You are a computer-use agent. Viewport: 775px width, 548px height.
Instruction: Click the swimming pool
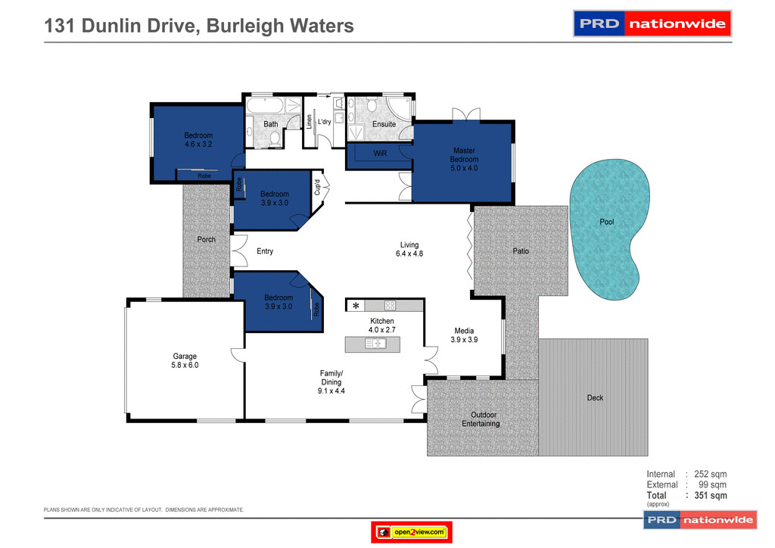tap(609, 227)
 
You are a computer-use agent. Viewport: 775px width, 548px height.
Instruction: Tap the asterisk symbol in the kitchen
tap(356, 306)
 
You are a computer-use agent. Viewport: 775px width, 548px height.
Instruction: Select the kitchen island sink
tap(375, 344)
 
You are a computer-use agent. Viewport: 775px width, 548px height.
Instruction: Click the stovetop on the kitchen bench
tap(391, 306)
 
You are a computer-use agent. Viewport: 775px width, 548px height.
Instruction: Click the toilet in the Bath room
tap(273, 138)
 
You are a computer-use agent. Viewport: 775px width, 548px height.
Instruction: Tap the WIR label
tap(380, 154)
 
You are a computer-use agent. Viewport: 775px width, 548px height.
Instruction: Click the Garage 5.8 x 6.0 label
tap(185, 360)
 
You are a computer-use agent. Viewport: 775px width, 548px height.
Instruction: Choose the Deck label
tap(595, 397)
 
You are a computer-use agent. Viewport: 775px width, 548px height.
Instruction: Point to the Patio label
tap(521, 251)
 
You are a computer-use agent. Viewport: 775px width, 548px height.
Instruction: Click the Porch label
tap(206, 239)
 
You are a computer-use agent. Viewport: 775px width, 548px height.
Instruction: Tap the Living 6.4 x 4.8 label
tap(409, 249)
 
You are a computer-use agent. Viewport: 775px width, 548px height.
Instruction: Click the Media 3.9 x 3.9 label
tap(464, 335)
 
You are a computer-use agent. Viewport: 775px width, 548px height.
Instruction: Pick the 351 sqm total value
tap(711, 496)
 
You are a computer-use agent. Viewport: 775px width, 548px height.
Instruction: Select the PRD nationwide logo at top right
tap(652, 23)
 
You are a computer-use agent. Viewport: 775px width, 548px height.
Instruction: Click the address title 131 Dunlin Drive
tap(199, 26)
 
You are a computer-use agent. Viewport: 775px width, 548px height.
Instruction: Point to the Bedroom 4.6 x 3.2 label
tap(198, 139)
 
